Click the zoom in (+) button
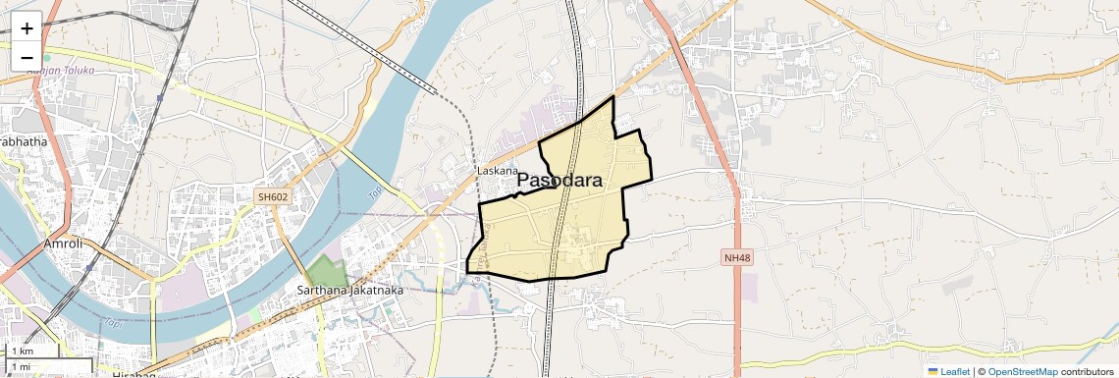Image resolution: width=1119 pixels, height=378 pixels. tap(27, 27)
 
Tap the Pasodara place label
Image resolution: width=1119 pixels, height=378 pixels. tap(559, 181)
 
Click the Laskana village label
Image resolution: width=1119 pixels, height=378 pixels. tap(497, 170)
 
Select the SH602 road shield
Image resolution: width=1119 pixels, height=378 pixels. tap(273, 197)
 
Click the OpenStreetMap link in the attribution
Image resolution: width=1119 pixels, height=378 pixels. tap(1022, 371)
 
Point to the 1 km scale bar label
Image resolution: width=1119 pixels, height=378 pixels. tap(22, 351)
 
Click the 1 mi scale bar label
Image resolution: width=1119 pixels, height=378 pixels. tap(21, 367)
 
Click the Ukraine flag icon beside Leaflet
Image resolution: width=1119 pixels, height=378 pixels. tap(932, 371)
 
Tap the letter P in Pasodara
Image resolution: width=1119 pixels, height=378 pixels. tap(524, 181)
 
